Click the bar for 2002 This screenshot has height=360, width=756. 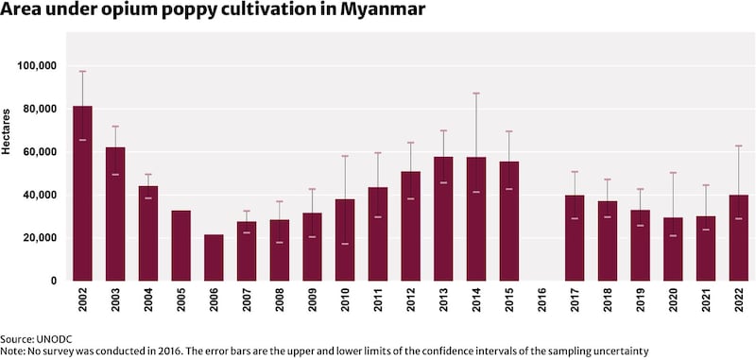pos(82,194)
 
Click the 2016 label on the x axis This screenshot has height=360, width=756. pos(542,308)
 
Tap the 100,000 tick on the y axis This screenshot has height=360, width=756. pos(38,66)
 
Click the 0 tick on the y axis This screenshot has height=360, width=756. pos(55,281)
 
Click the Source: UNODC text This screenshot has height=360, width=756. pos(37,338)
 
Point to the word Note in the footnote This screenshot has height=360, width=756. pos(13,351)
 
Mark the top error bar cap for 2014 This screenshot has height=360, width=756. pos(476,94)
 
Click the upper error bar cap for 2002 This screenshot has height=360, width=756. pos(82,72)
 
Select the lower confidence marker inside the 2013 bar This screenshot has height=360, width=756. pos(443,182)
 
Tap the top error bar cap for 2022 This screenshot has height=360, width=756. pos(739,146)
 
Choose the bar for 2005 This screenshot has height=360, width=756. pos(180,246)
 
